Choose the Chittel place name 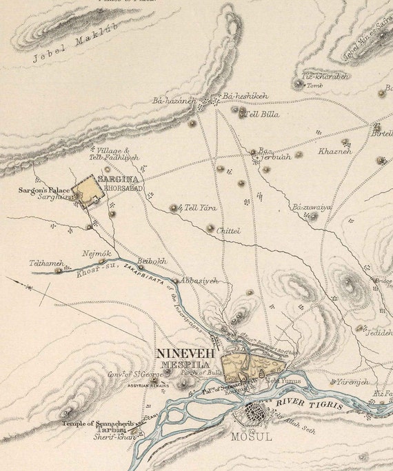point(228,231)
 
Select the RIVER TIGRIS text point(310,403)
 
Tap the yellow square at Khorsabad point(88,191)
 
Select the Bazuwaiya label point(312,207)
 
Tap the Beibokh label point(152,261)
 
